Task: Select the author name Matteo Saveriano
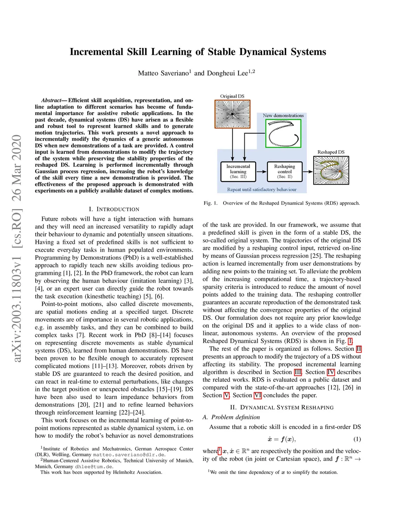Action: click(163, 73)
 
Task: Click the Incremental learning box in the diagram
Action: click(238, 172)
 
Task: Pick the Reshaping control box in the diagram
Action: click(285, 172)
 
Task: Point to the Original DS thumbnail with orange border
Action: click(232, 114)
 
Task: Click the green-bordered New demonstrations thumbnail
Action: click(283, 133)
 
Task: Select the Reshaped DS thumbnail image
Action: click(331, 170)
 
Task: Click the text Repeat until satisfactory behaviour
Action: click(262, 189)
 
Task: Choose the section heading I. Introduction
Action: click(114, 209)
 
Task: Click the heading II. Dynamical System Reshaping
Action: click(282, 407)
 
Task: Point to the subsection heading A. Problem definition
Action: click(231, 417)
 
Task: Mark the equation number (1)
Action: click(357, 439)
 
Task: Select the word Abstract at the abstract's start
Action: click(51, 100)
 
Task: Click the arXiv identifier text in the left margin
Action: click(17, 248)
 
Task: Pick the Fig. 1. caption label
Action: click(210, 203)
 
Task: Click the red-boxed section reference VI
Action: click(258, 395)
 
